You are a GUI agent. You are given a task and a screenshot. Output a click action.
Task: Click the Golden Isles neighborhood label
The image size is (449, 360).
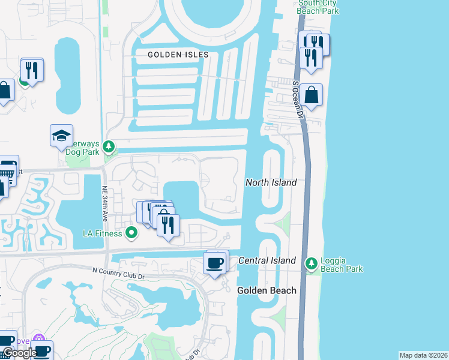coord(178,55)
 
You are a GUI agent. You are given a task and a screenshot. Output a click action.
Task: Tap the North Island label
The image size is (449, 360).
coord(271,182)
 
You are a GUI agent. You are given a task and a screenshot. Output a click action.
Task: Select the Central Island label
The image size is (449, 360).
coord(267,260)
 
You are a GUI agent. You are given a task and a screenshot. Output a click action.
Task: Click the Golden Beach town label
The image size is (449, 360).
coord(267,290)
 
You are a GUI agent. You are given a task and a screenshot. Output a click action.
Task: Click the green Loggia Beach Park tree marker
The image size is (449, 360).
coord(311,263)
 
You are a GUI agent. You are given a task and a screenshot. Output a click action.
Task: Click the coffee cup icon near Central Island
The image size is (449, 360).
coord(215,262)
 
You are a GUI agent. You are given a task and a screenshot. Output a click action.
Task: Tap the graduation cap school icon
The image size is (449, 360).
coord(62,136)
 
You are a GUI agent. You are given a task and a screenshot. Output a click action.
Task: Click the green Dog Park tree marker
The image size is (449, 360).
coord(109,146)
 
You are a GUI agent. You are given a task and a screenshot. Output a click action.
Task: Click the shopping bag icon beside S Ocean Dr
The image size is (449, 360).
coord(312,95)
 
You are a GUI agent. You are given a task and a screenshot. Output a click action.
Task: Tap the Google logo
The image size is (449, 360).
coord(19,353)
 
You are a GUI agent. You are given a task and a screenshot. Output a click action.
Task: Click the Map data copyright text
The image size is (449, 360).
coord(423,355)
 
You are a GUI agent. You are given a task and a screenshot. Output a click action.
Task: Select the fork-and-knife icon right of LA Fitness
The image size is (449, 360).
coord(167,224)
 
